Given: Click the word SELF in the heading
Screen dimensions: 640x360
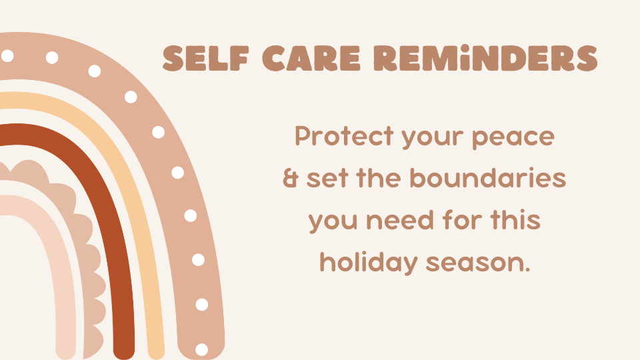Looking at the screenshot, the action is (206, 58).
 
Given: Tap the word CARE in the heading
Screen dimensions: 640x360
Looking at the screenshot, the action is (311, 58).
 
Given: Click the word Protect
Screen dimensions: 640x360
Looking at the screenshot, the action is (344, 136).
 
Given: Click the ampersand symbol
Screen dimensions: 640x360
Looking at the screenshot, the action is (291, 179).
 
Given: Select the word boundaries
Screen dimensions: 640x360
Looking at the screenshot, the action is (488, 178).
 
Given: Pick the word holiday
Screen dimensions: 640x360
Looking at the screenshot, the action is (369, 263).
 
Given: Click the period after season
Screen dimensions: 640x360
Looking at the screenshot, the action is (527, 269).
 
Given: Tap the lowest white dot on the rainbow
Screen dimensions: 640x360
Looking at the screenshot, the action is (201, 349).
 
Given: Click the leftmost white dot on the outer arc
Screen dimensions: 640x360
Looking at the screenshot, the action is (7, 55).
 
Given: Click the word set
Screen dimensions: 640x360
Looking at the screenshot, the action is (326, 179).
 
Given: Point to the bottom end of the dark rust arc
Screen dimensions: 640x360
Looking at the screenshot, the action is (124, 354).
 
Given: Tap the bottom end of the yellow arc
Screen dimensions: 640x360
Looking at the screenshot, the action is (156, 355).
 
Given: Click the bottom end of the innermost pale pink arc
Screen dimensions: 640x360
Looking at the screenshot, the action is (66, 353).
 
